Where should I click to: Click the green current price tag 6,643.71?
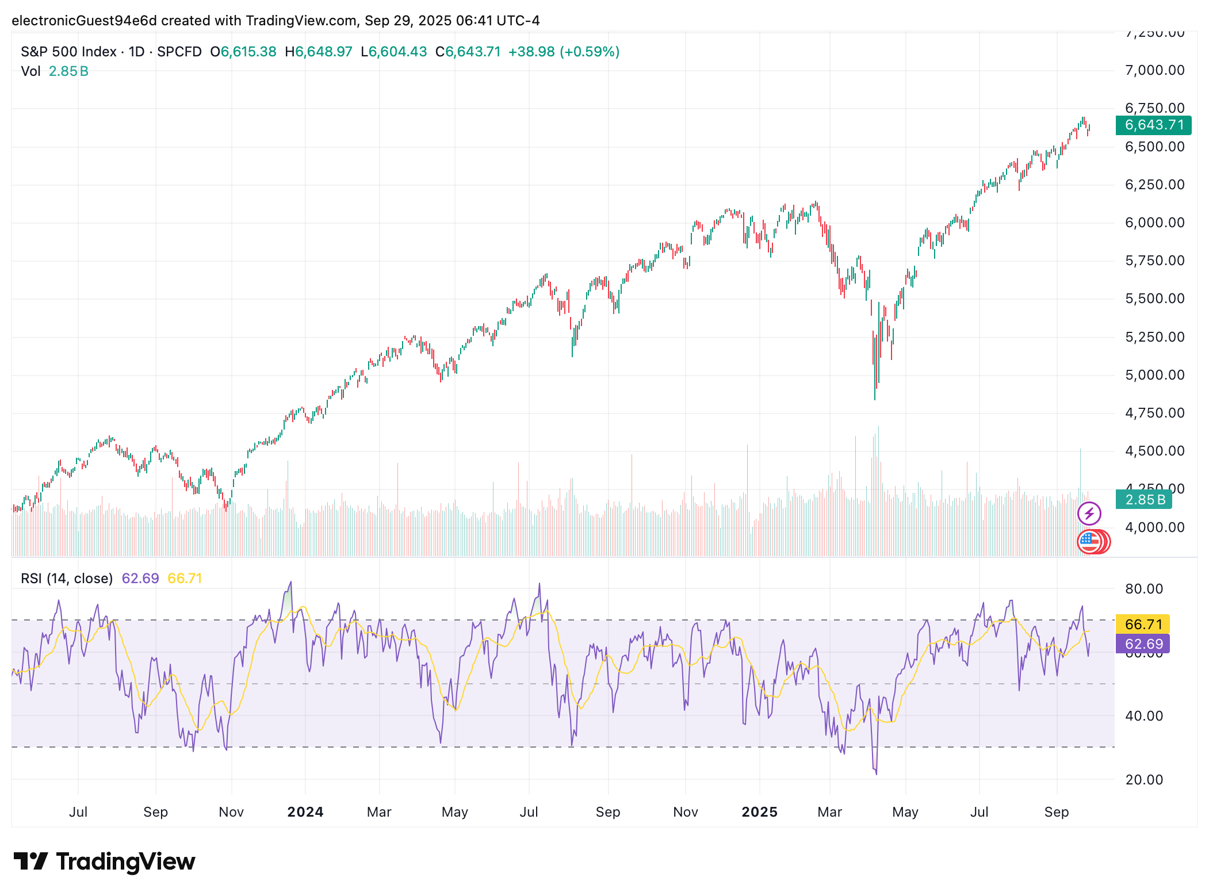(x=1153, y=125)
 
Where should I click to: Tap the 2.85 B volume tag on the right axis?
(x=1143, y=500)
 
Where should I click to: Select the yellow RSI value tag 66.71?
(x=1143, y=624)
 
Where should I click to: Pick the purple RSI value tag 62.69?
(x=1143, y=644)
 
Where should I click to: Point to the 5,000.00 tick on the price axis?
(x=1154, y=375)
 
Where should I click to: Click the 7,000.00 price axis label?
(x=1154, y=70)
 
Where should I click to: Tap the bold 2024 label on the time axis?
(x=305, y=811)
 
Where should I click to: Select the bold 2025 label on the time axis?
(x=759, y=811)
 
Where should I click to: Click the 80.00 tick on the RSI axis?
(x=1143, y=588)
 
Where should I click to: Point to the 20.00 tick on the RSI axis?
(x=1143, y=779)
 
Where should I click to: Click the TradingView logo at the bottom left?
(x=105, y=861)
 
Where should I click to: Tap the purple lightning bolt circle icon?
(x=1089, y=514)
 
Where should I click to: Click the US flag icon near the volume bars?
(x=1089, y=541)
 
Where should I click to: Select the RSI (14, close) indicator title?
(x=67, y=578)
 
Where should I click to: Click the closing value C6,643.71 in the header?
(x=468, y=52)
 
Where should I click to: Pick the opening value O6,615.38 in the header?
(x=243, y=52)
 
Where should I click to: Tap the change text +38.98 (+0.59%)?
(x=564, y=52)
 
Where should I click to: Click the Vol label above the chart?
(x=30, y=71)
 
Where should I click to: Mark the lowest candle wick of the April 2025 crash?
(x=875, y=398)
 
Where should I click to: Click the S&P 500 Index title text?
(x=68, y=52)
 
